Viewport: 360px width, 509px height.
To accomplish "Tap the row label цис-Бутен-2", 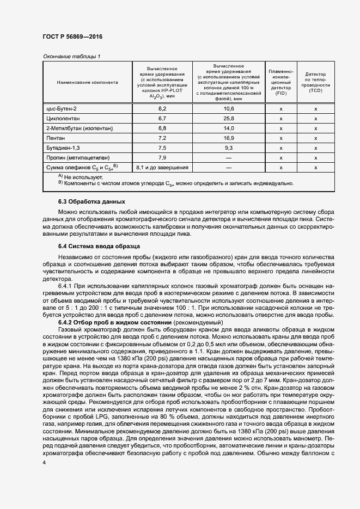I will [62, 109].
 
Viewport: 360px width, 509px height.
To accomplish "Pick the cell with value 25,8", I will [228, 118].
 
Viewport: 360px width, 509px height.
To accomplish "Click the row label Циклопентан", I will [63, 118].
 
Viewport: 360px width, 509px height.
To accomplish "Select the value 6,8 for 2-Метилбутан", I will [161, 128].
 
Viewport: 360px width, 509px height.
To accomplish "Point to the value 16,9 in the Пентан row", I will [228, 138].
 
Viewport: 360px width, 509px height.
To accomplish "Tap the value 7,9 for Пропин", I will [161, 157].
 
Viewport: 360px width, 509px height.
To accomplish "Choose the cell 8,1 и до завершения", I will [162, 167].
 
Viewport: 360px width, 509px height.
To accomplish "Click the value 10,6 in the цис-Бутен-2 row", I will [228, 109].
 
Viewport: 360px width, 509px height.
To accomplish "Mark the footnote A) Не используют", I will [76, 177].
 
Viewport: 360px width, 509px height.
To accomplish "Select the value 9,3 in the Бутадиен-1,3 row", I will [228, 148].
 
